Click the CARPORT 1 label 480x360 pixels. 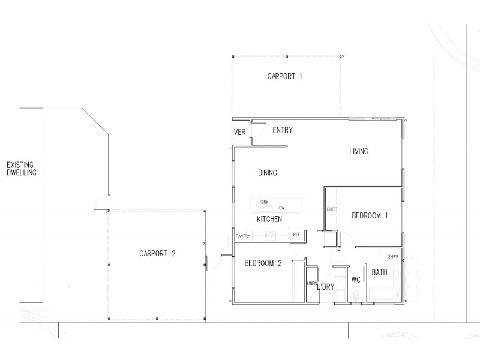tap(284, 76)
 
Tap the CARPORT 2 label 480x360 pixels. tap(157, 253)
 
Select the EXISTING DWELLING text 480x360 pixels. tap(22, 168)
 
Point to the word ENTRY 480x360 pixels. tap(283, 130)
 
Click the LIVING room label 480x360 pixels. tap(359, 151)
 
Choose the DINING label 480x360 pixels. tap(268, 173)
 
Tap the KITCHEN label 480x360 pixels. tap(269, 219)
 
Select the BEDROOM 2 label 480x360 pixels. tap(263, 263)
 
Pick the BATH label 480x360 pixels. tap(379, 272)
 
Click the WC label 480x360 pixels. tap(355, 280)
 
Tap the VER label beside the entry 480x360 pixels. tap(240, 133)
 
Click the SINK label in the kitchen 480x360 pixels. tap(265, 202)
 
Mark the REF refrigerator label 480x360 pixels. tap(296, 235)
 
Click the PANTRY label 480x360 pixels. tap(242, 235)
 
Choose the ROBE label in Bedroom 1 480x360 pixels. tap(331, 209)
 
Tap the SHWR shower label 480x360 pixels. tap(393, 256)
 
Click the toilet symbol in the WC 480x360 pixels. tap(356, 295)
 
